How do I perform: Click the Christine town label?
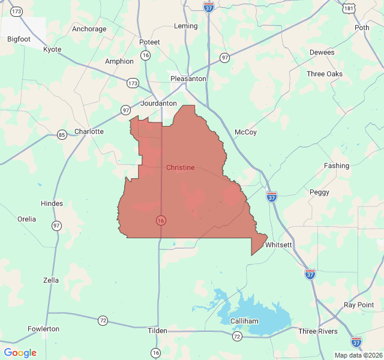[x=180, y=167]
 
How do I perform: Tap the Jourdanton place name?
[x=158, y=103]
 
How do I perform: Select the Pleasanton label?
[x=188, y=79]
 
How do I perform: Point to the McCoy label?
[x=245, y=132]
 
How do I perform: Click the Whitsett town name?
[x=278, y=245]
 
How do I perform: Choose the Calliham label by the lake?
[x=244, y=321]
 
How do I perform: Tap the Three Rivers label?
[x=318, y=331]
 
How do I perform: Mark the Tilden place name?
[x=158, y=331]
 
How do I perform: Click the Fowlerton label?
[x=44, y=329]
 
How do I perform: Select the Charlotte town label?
[x=89, y=131]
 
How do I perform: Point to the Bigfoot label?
[x=19, y=39]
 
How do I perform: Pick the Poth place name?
[x=362, y=28]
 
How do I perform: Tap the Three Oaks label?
[x=325, y=74]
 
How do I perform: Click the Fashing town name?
[x=336, y=166]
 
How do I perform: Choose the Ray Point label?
[x=359, y=305]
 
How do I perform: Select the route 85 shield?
[x=62, y=134]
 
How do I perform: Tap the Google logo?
[x=20, y=353]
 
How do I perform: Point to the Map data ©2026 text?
[x=358, y=355]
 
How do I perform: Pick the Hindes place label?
[x=52, y=203]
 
